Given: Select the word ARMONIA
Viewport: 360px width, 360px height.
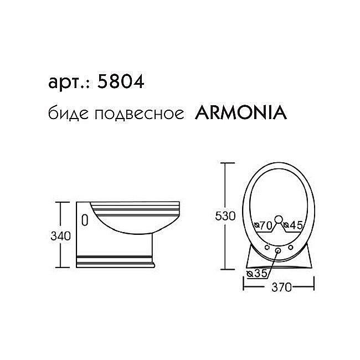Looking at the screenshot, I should [x=240, y=113].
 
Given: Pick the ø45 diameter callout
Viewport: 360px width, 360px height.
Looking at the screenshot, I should [x=292, y=225].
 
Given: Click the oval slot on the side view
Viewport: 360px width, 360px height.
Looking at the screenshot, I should [x=84, y=219].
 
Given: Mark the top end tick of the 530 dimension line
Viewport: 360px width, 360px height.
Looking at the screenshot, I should [x=225, y=163].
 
